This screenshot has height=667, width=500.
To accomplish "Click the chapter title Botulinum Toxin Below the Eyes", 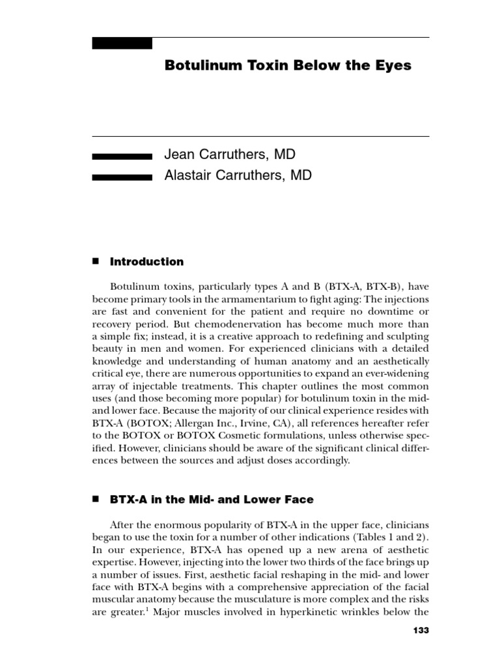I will (x=288, y=66).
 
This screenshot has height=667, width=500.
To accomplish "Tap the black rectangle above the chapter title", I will (x=122, y=44).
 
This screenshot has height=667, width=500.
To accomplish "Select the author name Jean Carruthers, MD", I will (x=230, y=155).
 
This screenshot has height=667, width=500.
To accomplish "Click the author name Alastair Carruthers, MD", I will (x=238, y=175).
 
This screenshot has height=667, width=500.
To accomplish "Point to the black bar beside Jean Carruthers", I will (x=122, y=156).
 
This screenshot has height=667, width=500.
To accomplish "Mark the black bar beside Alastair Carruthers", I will (x=122, y=177).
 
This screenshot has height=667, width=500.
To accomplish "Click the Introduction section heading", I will (x=146, y=262).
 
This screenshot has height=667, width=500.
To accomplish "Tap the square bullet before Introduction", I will (x=95, y=261).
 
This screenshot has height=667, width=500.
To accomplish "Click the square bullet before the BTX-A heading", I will (x=95, y=499).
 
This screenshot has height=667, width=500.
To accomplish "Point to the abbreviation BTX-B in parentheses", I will (x=374, y=287).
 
